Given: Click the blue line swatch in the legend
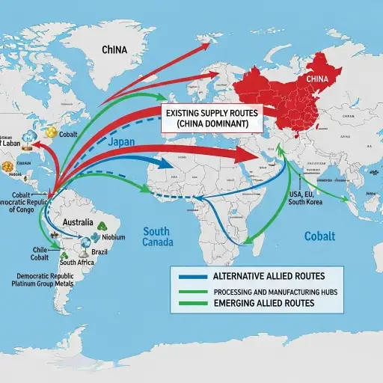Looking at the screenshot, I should click(192, 275).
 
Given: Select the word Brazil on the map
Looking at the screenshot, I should click(99, 252).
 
